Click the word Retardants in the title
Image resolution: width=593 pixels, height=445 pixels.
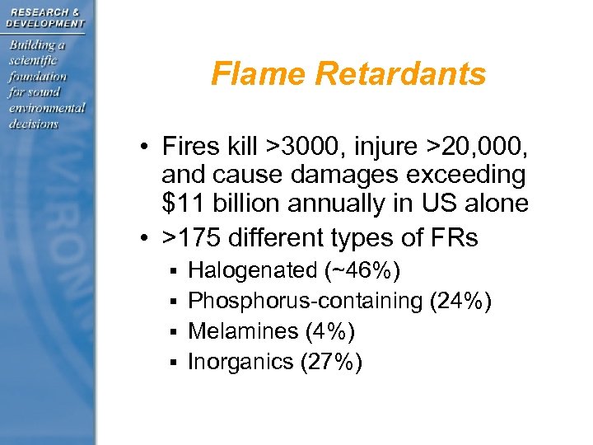point(400,75)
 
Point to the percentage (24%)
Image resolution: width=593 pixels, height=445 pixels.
point(461,301)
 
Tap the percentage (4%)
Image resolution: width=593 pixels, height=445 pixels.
point(329,331)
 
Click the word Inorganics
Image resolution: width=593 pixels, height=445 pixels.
point(240,362)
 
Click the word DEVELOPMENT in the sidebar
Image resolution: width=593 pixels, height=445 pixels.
point(45,24)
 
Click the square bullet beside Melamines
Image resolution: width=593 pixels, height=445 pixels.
point(173,332)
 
